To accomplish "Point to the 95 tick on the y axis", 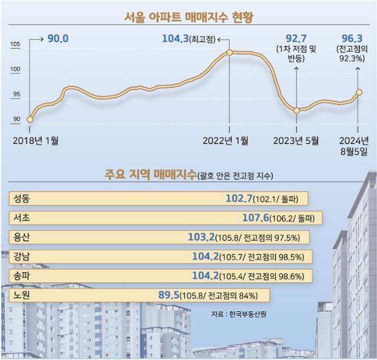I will point(15,94).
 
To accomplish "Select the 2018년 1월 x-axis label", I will point(35,140).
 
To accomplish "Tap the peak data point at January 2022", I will point(229,52).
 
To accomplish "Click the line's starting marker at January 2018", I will point(30,120).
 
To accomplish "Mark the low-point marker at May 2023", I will point(297,110).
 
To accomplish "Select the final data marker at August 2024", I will point(359,92).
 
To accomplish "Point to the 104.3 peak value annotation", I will point(174,39).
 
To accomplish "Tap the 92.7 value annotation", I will point(297,38).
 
